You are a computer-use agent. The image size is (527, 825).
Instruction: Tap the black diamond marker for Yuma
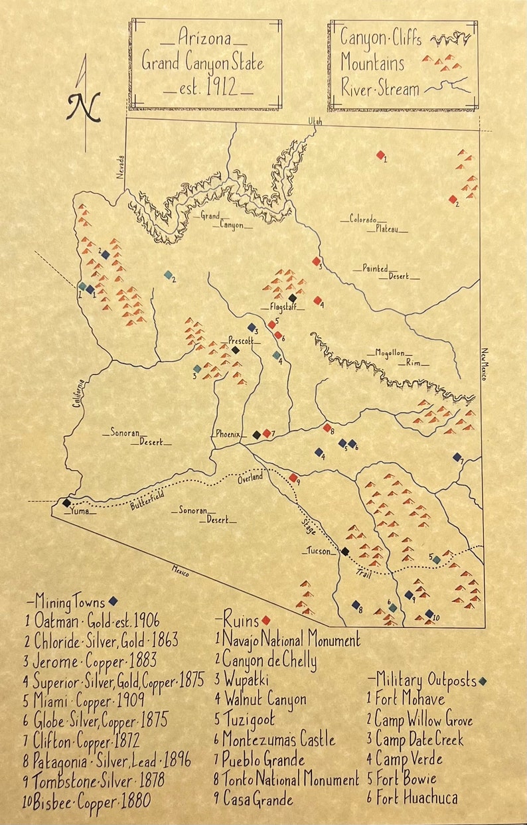(66, 502)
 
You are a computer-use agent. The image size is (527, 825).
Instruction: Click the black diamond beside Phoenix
(257, 435)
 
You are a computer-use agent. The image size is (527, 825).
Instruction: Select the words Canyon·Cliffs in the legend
(380, 38)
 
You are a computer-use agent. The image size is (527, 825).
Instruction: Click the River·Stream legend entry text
(380, 88)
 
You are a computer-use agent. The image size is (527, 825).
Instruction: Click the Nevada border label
(121, 167)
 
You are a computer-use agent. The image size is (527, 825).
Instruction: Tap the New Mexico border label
(485, 364)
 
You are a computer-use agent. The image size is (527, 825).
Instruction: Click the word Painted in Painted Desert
(375, 268)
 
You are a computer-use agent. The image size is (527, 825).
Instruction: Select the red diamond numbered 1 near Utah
(380, 155)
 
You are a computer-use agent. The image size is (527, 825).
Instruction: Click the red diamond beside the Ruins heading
(265, 620)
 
